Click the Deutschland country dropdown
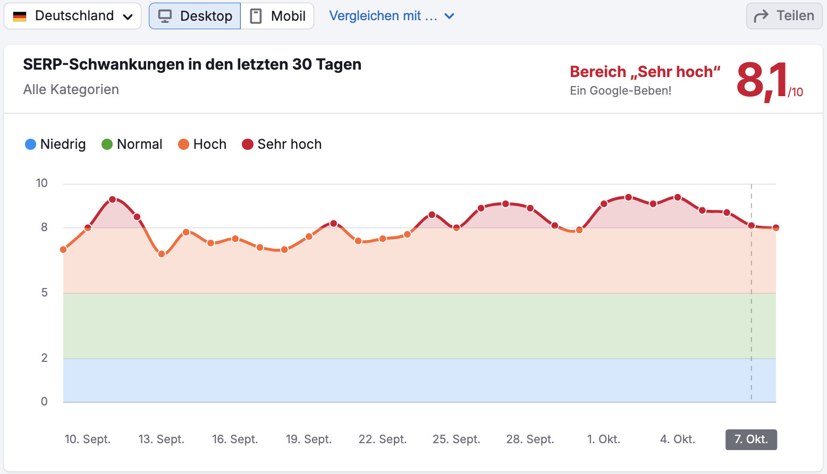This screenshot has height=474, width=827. pyautogui.click(x=73, y=16)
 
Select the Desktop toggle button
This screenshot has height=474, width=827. pyautogui.click(x=195, y=16)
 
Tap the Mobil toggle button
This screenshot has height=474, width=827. pyautogui.click(x=277, y=16)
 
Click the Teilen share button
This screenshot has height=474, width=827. pyautogui.click(x=784, y=16)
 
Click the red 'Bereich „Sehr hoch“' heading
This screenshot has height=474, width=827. pyautogui.click(x=645, y=72)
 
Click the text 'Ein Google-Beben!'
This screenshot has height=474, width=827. pyautogui.click(x=620, y=91)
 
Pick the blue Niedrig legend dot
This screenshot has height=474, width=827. pyautogui.click(x=31, y=145)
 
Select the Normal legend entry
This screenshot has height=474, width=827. pyautogui.click(x=132, y=145)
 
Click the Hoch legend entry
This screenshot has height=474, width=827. pyautogui.click(x=202, y=145)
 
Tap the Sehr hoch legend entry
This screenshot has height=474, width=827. pyautogui.click(x=282, y=145)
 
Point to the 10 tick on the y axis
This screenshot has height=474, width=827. pyautogui.click(x=41, y=183)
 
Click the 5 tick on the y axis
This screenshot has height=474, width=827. pyautogui.click(x=44, y=293)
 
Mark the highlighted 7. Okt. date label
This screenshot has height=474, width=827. pyautogui.click(x=751, y=439)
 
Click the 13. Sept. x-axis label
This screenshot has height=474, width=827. pyautogui.click(x=161, y=439)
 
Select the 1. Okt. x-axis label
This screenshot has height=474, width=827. pyautogui.click(x=604, y=439)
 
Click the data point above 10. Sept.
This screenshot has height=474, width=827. pyautogui.click(x=88, y=228)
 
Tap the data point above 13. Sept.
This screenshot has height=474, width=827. pyautogui.click(x=162, y=254)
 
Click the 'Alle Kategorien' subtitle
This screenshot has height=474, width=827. pyautogui.click(x=71, y=89)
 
